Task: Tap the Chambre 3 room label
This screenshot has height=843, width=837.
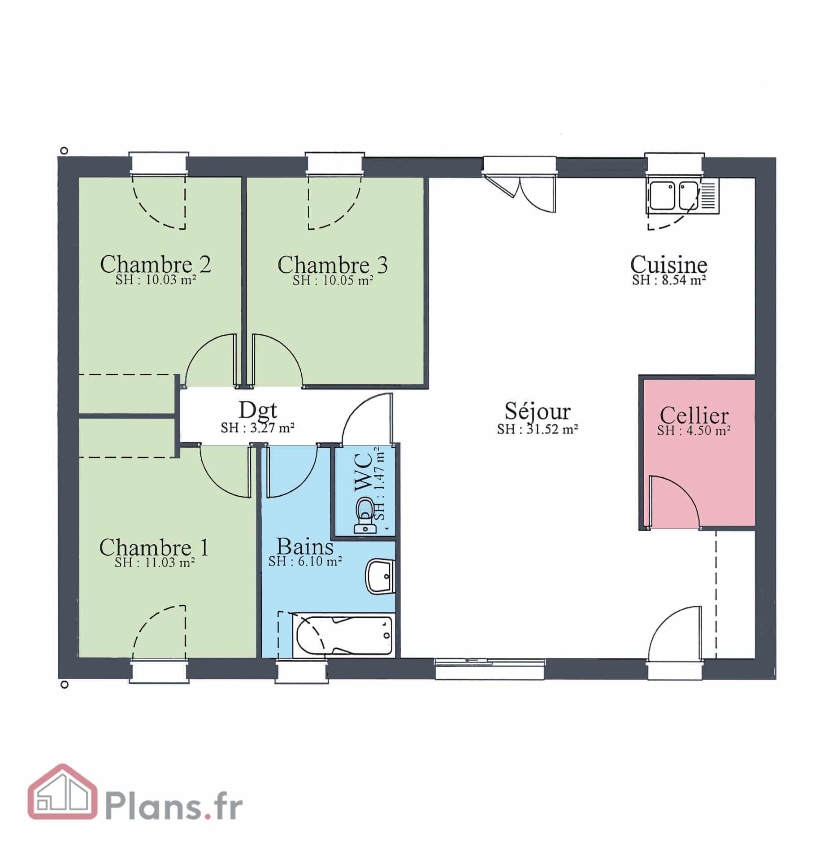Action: click(x=332, y=264)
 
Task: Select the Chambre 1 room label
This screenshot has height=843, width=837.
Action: click(x=154, y=547)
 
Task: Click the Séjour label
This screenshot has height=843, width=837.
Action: click(x=538, y=411)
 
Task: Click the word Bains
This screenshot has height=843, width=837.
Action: click(x=305, y=546)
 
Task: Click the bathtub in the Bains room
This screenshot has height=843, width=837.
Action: click(x=343, y=635)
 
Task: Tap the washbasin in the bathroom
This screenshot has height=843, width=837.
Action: click(x=380, y=576)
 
